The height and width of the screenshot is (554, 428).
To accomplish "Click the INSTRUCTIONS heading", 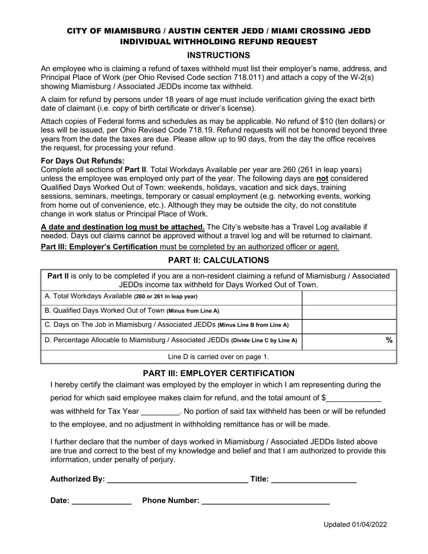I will pos(219,55).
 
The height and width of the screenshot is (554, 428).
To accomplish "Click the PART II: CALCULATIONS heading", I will pos(219,260).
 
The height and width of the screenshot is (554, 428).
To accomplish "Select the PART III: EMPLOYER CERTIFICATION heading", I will pos(219,373).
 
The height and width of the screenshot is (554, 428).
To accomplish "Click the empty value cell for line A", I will pos(349,298).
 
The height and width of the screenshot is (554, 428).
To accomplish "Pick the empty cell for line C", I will pos(349,326).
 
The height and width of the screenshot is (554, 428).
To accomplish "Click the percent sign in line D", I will pos(389,341).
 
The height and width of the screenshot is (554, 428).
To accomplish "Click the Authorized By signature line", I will pos(178,479).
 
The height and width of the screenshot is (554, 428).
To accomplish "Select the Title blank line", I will pos(314,479).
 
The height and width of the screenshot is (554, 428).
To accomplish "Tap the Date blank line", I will pos(101,501).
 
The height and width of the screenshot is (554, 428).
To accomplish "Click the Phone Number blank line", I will pos(265,501).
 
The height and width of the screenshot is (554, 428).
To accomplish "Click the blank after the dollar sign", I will pos(354,399).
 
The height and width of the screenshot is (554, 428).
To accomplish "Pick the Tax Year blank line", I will pos(160,412).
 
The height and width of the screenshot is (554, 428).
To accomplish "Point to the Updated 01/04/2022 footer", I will pos(355,524).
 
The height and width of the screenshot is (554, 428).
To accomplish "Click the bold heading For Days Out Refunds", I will pos(83,161).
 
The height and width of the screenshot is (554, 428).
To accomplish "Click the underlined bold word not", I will pos(322,178).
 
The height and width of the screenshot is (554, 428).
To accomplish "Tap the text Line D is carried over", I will pos(219,357).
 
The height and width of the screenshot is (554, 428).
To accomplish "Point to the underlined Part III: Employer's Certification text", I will pos(99,247).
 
